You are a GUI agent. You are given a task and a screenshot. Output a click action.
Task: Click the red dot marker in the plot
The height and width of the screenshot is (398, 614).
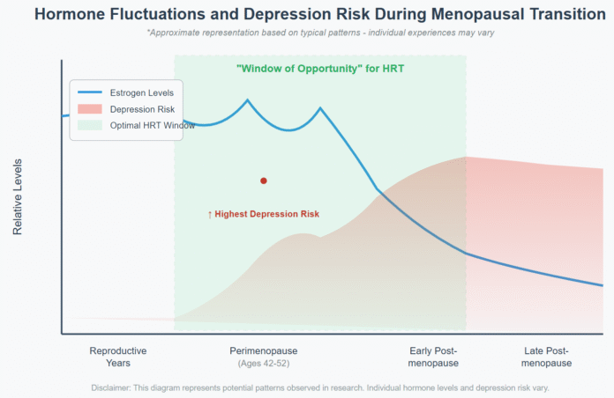click(x=263, y=181)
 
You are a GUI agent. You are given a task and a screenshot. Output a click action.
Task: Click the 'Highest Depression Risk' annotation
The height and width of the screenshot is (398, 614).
click(x=263, y=214)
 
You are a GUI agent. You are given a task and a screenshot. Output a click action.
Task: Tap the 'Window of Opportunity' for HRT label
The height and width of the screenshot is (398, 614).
click(x=320, y=69)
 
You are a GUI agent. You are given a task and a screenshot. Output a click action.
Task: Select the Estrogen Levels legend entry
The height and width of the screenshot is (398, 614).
click(x=141, y=92)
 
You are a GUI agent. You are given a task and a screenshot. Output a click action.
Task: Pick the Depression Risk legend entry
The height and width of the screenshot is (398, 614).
click(x=141, y=109)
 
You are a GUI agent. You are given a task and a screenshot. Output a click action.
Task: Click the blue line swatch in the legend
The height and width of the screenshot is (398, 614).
click(x=90, y=92)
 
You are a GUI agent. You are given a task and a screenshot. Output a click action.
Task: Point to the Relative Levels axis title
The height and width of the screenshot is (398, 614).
click(x=18, y=196)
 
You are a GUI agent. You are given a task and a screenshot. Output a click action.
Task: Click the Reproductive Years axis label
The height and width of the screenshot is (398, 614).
click(x=118, y=357)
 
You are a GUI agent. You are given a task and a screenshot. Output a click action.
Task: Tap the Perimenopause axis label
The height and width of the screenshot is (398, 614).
click(x=263, y=350)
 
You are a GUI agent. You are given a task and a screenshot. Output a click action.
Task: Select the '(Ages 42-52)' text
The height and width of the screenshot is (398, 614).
click(x=263, y=363)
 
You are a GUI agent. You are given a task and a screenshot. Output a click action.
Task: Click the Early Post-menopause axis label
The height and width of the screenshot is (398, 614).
click(x=434, y=357)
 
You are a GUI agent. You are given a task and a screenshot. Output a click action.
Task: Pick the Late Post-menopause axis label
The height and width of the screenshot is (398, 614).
click(x=546, y=357)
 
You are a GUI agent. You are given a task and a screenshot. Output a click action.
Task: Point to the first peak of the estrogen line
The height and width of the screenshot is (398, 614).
click(x=247, y=99)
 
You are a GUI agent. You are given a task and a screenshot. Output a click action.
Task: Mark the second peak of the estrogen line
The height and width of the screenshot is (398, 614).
click(x=320, y=108)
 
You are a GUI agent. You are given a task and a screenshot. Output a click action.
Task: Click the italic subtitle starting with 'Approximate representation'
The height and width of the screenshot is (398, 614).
click(x=320, y=32)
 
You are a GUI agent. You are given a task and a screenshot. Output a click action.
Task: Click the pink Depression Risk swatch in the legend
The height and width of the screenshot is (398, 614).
click(x=90, y=109)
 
